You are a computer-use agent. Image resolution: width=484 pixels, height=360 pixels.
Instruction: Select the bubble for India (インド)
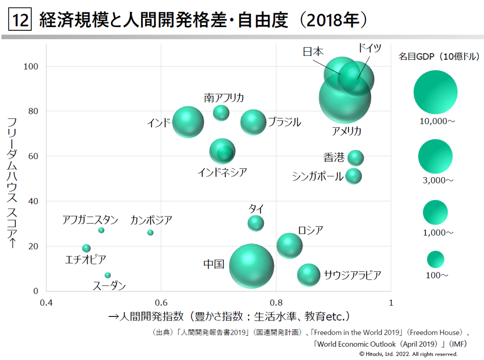[188, 122]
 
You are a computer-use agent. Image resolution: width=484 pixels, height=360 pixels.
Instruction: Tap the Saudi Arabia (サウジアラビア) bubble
[309, 275]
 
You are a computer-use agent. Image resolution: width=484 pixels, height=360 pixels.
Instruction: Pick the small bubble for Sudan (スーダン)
[108, 275]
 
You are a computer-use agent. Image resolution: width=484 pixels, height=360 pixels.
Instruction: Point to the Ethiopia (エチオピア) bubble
[86, 248]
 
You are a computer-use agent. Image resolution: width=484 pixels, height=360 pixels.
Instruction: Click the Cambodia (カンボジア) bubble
[150, 233]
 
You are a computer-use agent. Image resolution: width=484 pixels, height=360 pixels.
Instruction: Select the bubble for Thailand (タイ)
[256, 223]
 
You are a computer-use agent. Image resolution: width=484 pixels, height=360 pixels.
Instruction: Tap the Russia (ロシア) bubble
[289, 245]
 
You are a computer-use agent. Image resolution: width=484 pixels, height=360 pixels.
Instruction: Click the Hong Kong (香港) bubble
[356, 158]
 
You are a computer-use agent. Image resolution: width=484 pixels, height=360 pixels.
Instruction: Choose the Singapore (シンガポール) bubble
[354, 176]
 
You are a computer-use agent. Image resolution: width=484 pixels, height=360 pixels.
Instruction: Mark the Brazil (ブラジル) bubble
[253, 122]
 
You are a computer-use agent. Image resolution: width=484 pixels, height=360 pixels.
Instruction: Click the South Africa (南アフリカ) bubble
[221, 112]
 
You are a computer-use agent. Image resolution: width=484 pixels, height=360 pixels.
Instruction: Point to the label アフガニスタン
[90, 220]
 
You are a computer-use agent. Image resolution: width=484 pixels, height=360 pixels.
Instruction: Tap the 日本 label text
[313, 52]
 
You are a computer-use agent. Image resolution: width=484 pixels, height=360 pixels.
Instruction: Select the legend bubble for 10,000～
[435, 92]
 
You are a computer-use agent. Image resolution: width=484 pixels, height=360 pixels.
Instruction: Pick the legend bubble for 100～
[435, 259]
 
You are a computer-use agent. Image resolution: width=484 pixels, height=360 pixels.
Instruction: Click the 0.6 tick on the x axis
[161, 302]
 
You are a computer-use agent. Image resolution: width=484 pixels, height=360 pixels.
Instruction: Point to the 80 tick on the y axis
[33, 111]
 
